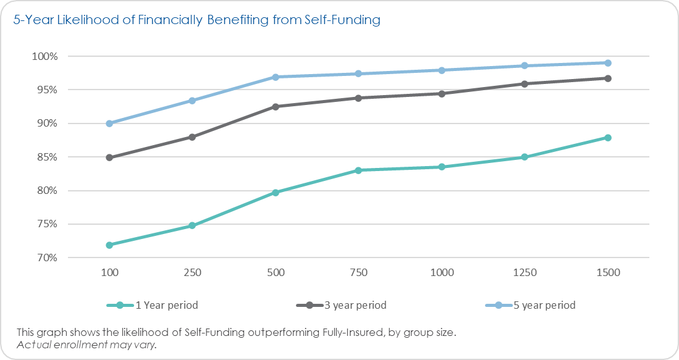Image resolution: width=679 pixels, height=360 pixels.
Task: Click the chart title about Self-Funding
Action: coord(196,20)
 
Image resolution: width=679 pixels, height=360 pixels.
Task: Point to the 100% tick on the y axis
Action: coord(45,56)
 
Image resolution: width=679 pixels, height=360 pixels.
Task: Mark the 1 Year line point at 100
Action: coord(109,245)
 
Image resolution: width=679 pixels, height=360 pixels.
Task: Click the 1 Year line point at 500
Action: coord(276,192)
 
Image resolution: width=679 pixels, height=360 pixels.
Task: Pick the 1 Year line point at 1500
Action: coord(608,138)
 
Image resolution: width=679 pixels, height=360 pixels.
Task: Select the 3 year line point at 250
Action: coord(192,137)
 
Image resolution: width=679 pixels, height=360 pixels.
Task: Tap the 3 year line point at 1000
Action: coord(442,94)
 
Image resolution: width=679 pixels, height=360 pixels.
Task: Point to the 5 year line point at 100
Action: coord(109,123)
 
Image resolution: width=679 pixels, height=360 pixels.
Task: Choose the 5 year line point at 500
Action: coord(276,77)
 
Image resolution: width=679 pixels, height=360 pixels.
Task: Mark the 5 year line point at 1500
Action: coord(608,63)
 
